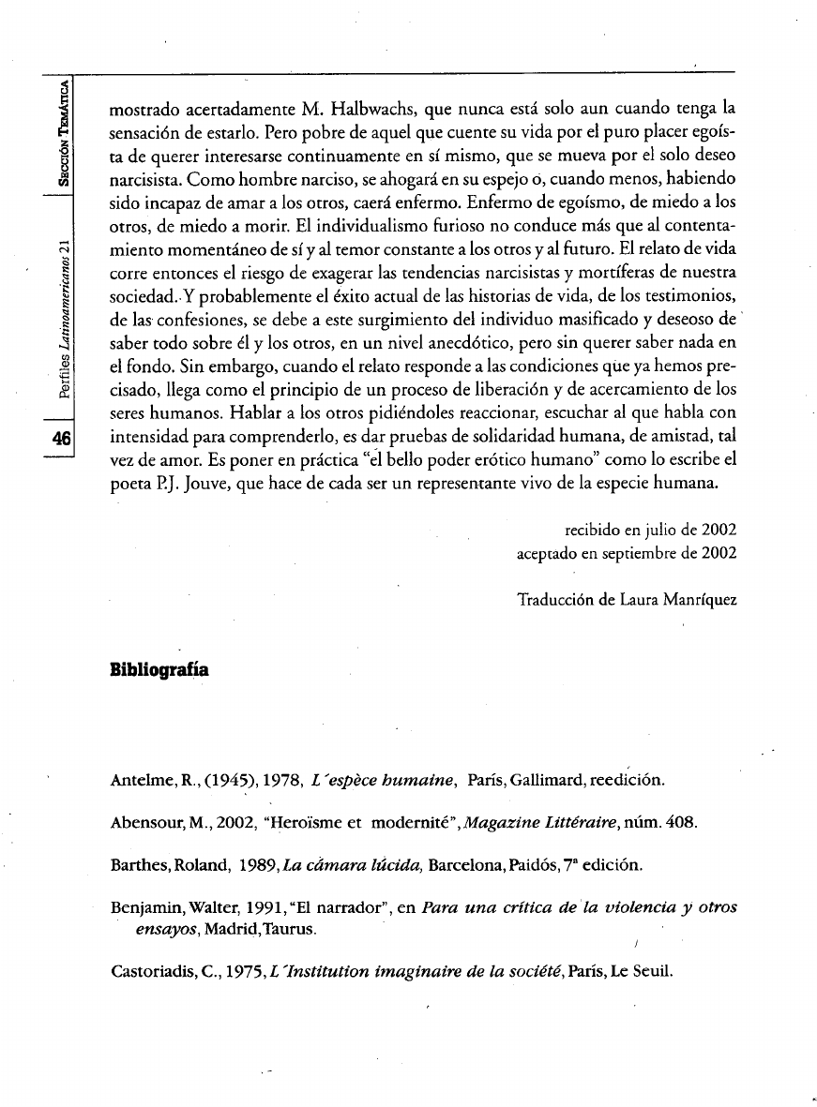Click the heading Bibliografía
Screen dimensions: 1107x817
tap(159, 671)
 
